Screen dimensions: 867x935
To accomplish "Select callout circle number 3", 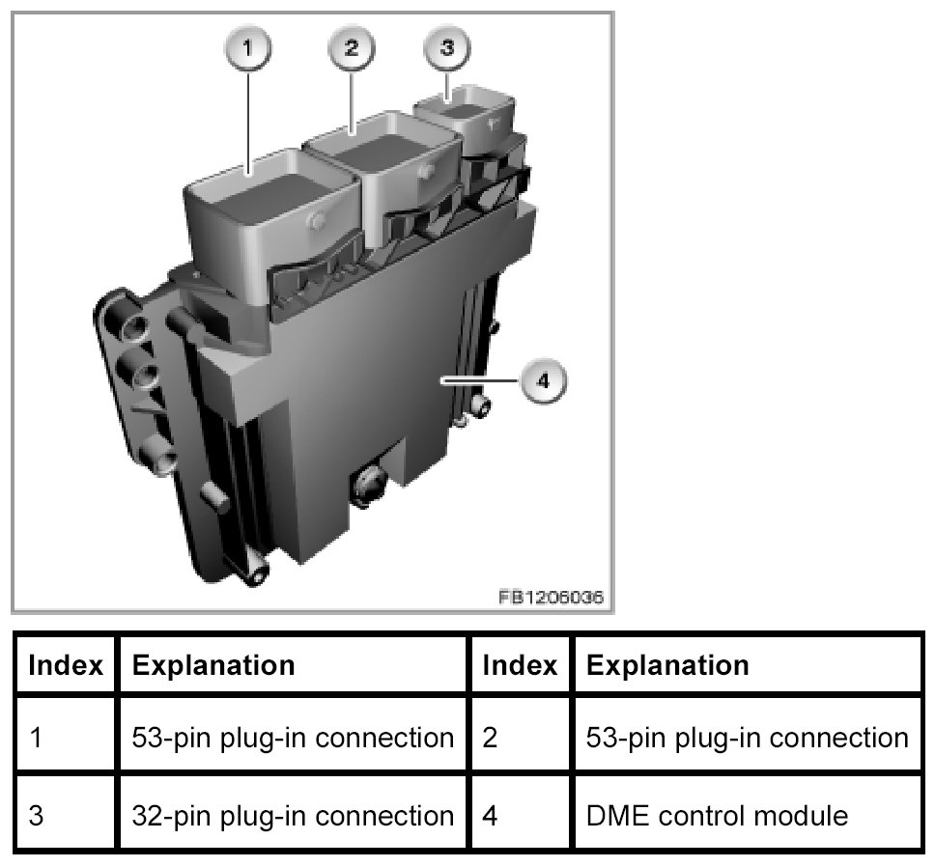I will [x=446, y=48].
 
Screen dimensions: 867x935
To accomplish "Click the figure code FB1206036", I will [x=551, y=598].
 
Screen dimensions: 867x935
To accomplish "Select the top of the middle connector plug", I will [x=382, y=145].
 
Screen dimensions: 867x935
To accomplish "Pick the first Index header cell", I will [x=66, y=665].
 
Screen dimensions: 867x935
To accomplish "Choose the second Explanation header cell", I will [x=667, y=665].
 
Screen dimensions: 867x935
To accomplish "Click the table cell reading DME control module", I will [x=717, y=816].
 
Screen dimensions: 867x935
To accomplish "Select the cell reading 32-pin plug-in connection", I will [x=292, y=816].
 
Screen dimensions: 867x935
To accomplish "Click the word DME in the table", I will [x=613, y=816].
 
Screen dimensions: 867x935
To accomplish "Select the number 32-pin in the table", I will [x=174, y=816].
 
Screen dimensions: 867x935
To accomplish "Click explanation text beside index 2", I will [x=747, y=739].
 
